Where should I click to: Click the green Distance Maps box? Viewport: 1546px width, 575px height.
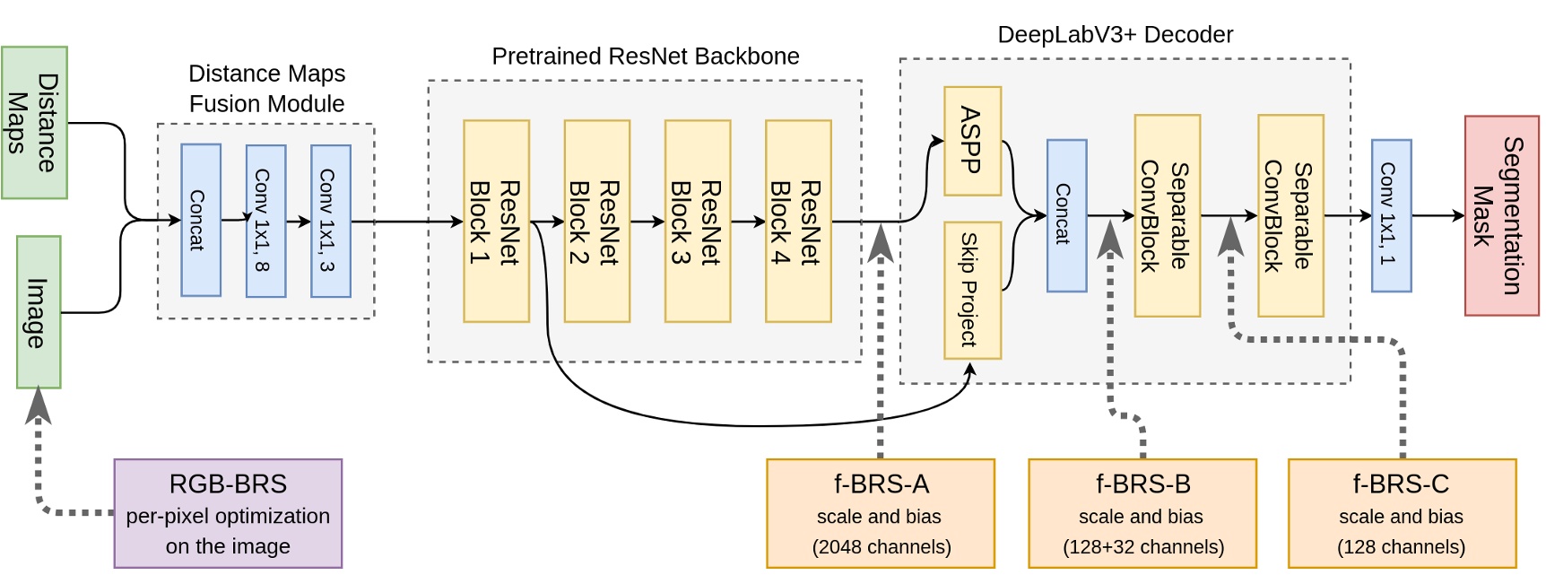pos(34,123)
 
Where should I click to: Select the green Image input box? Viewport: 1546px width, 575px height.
pos(39,312)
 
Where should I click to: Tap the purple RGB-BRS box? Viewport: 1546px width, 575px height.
pos(228,513)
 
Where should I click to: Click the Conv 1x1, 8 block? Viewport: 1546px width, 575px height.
pos(265,221)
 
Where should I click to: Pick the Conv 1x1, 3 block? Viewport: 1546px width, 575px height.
pos(330,221)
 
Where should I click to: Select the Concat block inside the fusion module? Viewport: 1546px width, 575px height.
pos(201,221)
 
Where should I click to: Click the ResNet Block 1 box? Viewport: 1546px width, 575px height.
pos(496,221)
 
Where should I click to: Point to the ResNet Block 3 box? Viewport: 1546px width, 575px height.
pos(698,221)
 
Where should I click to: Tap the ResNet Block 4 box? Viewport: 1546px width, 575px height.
pos(798,221)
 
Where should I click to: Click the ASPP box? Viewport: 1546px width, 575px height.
pos(972,141)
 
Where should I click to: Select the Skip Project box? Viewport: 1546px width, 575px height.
pos(972,290)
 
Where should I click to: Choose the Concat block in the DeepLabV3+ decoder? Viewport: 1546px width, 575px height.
pos(1066,215)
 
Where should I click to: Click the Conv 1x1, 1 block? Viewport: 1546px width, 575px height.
pos(1391,215)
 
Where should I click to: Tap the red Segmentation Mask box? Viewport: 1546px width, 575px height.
pos(1501,215)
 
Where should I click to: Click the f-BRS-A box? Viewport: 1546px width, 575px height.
pos(881,513)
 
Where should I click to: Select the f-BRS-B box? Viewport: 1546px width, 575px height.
pos(1142,513)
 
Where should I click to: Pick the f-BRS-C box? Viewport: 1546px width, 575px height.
pos(1402,513)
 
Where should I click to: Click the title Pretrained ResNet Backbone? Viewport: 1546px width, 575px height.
pos(645,57)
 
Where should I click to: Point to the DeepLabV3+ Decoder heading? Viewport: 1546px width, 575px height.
pos(1115,35)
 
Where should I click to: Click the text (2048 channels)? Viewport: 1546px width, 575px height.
pos(881,546)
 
